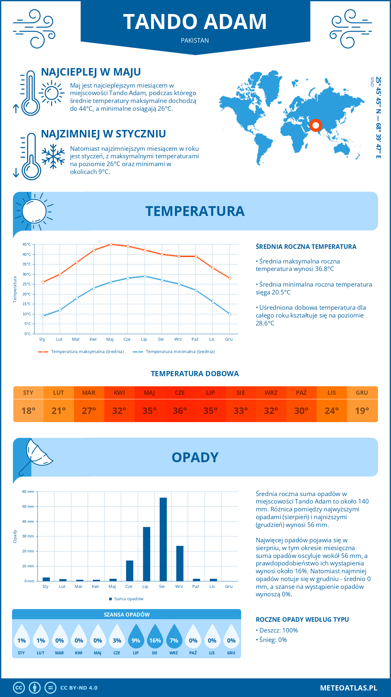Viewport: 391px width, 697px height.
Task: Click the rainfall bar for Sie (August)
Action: [x=163, y=539]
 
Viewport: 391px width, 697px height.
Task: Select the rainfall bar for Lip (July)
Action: [x=147, y=554]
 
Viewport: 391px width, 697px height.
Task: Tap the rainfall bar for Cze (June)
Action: [x=130, y=571]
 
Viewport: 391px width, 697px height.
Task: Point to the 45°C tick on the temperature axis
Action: [x=27, y=244]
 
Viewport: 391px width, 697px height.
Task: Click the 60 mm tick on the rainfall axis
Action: [x=28, y=491]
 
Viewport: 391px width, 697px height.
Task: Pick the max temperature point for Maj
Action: [x=111, y=244]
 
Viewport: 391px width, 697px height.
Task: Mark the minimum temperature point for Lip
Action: [x=145, y=276]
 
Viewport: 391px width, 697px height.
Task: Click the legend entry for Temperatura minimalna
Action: [x=174, y=352]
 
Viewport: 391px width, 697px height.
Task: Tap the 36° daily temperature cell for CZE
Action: [x=180, y=411]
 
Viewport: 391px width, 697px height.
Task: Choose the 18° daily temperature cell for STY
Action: [x=28, y=411]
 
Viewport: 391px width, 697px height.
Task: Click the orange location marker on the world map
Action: [x=315, y=125]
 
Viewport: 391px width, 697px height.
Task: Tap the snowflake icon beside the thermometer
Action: [x=53, y=156]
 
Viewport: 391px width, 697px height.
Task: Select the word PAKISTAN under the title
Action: [x=195, y=40]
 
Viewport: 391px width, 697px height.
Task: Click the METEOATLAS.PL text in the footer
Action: [x=349, y=688]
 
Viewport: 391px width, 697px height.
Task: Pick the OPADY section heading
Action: [x=195, y=457]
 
